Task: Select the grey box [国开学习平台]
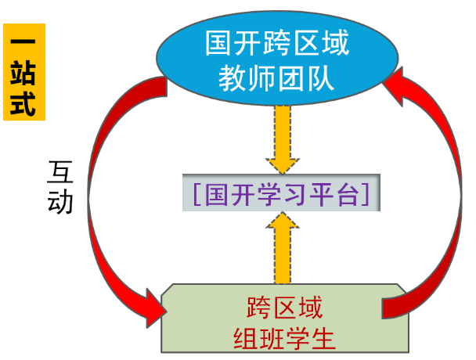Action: (x=281, y=193)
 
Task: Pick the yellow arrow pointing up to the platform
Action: (x=281, y=249)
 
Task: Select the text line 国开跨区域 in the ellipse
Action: (x=277, y=43)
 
